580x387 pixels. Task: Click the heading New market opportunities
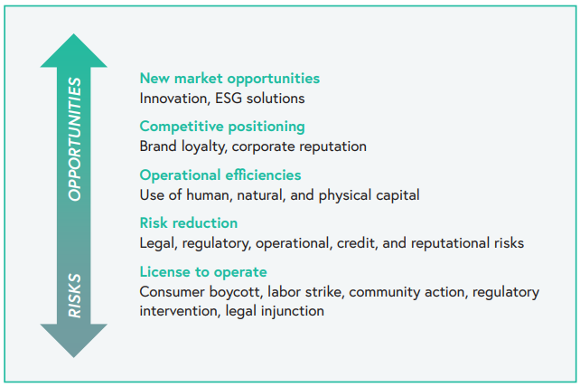click(x=229, y=79)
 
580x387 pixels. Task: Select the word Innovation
click(x=173, y=99)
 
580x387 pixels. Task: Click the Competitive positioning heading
click(x=222, y=127)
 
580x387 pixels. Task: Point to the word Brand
click(x=158, y=146)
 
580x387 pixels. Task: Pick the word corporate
click(x=264, y=146)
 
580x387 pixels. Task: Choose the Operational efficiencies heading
click(x=220, y=175)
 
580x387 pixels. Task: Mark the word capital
click(x=401, y=195)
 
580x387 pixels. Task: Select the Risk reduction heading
click(x=189, y=223)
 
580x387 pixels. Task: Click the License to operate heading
click(x=203, y=272)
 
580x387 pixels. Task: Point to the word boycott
click(x=236, y=292)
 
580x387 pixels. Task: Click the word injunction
click(x=292, y=311)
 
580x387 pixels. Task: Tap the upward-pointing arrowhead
click(x=73, y=51)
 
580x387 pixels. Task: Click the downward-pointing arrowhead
click(x=73, y=341)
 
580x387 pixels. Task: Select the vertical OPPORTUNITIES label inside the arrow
click(x=74, y=139)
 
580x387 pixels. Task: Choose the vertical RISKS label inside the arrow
click(x=74, y=296)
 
